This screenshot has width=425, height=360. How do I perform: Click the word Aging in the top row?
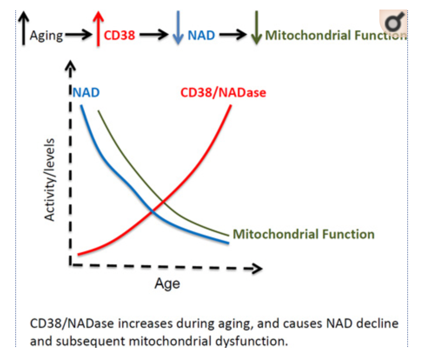tap(46, 35)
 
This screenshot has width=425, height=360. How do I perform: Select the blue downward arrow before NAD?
tap(178, 29)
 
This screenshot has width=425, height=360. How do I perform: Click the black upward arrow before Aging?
tap(24, 28)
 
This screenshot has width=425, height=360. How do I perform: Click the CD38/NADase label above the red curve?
tap(223, 92)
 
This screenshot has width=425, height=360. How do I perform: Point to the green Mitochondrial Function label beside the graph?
tap(303, 234)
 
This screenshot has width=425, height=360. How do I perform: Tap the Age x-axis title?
tap(167, 284)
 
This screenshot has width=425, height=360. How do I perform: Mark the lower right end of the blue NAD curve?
tap(227, 242)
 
